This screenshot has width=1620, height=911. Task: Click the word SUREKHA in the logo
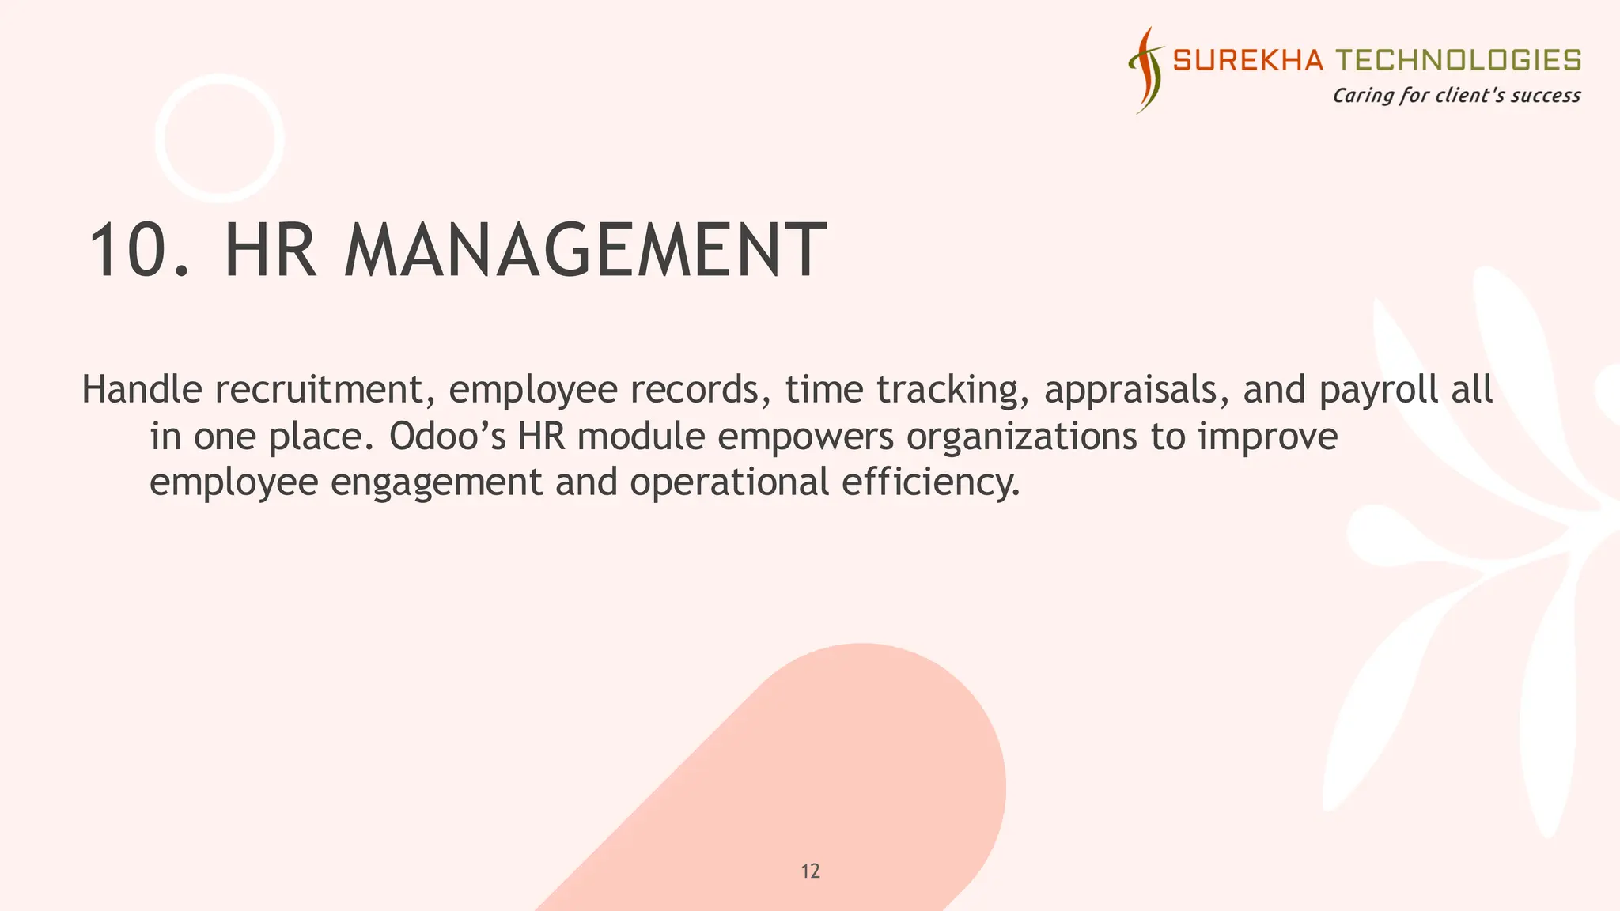[x=1247, y=60]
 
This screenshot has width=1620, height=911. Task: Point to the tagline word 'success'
[x=1545, y=96]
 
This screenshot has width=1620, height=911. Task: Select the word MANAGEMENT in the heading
[x=585, y=251]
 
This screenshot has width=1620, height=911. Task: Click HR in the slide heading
[x=271, y=251]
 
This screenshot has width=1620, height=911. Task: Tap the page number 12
[x=810, y=871]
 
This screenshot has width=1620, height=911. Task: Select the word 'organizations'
[x=1021, y=437]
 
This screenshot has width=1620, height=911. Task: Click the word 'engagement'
[x=436, y=483]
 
